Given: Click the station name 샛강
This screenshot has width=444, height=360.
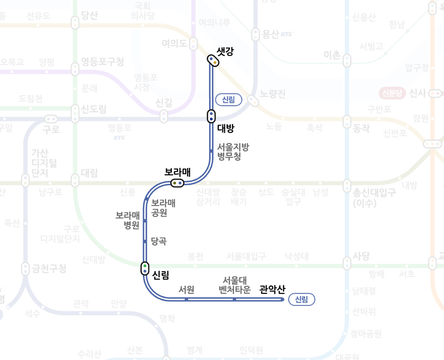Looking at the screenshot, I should [225, 52].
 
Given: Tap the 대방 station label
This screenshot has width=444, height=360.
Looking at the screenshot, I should [226, 129].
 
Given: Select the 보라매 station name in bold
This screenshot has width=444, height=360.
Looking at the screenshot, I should [178, 172].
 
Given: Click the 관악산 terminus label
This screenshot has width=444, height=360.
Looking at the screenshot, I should [272, 290].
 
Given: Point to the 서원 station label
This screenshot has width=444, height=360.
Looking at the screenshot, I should [186, 290].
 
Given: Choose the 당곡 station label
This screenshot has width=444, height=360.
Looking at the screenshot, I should [159, 241].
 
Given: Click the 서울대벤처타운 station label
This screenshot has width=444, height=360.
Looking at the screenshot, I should [234, 285].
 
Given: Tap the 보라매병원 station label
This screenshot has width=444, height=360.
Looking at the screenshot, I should [128, 220].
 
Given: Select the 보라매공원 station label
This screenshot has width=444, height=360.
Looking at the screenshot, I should [163, 208].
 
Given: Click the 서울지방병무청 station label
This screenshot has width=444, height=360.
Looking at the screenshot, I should [233, 152].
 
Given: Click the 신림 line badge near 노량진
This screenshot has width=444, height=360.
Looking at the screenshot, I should [228, 100].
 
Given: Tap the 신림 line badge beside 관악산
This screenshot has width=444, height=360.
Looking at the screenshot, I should [301, 300].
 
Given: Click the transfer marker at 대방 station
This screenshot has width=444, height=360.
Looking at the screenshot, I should [211, 116].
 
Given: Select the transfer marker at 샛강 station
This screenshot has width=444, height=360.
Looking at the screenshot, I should [213, 60].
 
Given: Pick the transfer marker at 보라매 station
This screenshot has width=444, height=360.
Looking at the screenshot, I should [177, 183].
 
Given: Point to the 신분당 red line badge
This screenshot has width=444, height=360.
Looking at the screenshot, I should [392, 93].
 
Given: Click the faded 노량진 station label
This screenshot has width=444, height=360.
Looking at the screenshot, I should [273, 94].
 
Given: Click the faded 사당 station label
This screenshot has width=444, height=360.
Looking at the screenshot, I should [361, 256].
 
